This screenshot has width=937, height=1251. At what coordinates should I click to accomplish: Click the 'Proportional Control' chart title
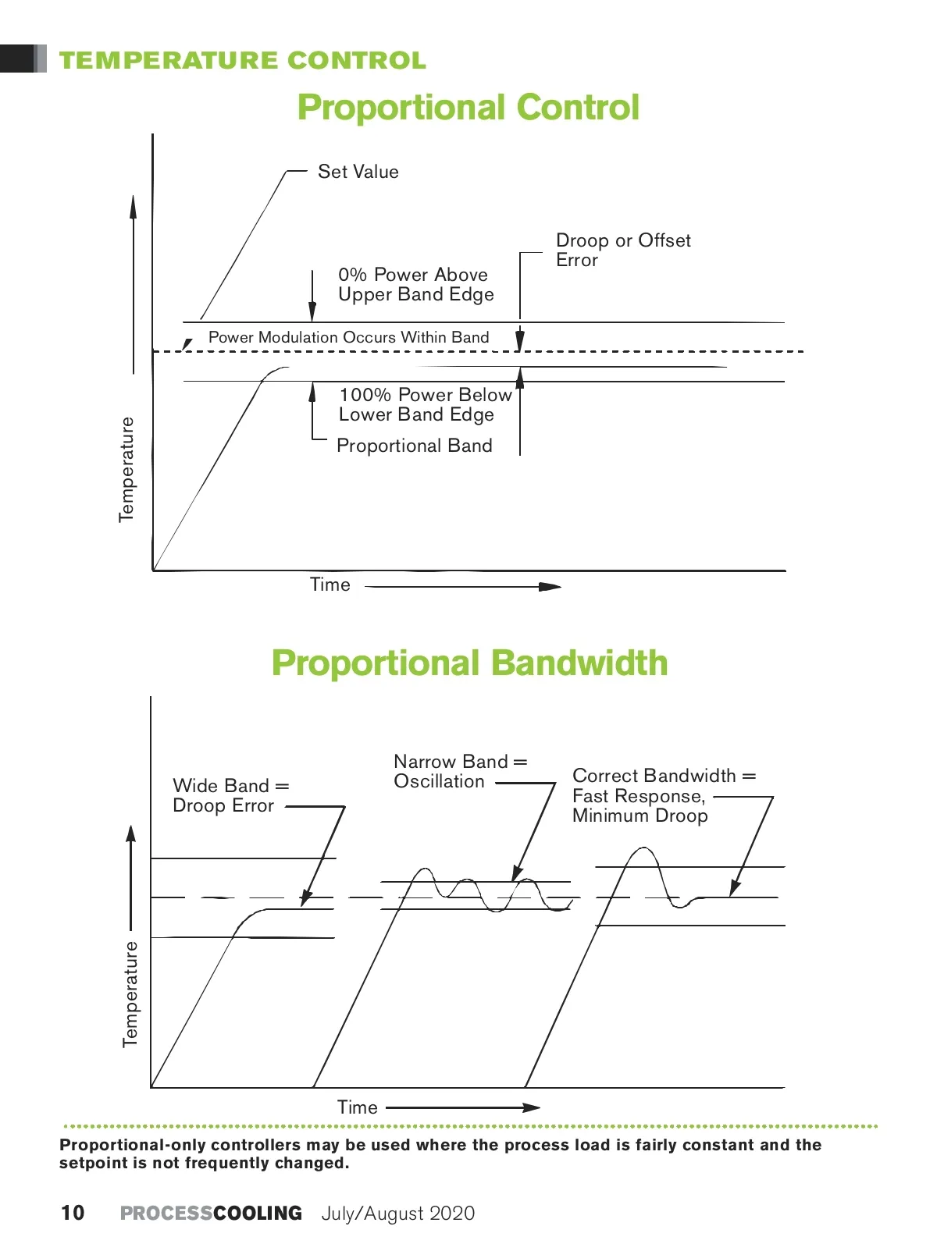pyautogui.click(x=468, y=108)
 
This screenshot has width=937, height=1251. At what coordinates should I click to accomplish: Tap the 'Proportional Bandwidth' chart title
pyautogui.click(x=469, y=663)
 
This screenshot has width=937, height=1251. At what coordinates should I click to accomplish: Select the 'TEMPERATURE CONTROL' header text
pyautogui.click(x=243, y=61)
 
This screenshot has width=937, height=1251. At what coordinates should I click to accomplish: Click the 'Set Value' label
pyautogui.click(x=358, y=172)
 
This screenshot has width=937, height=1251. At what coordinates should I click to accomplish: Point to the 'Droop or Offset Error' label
pyautogui.click(x=622, y=250)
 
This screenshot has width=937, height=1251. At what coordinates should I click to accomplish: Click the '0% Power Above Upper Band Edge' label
pyautogui.click(x=415, y=285)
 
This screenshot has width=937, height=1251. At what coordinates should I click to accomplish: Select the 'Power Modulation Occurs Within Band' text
pyautogui.click(x=348, y=337)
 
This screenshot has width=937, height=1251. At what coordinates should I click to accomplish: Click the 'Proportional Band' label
pyautogui.click(x=414, y=446)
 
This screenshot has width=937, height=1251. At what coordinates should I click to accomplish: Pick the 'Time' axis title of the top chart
pyautogui.click(x=330, y=585)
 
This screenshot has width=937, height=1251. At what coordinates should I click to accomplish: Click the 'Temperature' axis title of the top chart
pyautogui.click(x=126, y=469)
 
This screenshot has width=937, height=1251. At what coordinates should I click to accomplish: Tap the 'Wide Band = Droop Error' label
pyautogui.click(x=230, y=795)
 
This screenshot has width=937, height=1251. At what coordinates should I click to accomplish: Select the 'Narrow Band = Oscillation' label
pyautogui.click(x=460, y=771)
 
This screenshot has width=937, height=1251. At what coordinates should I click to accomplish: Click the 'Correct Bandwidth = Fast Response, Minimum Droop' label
pyautogui.click(x=663, y=795)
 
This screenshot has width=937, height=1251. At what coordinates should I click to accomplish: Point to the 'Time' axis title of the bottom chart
pyautogui.click(x=357, y=1107)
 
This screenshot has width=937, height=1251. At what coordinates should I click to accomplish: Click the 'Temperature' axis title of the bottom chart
pyautogui.click(x=130, y=993)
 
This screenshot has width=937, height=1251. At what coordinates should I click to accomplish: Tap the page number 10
pyautogui.click(x=73, y=1213)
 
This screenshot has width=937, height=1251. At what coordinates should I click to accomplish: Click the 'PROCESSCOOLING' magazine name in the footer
pyautogui.click(x=211, y=1213)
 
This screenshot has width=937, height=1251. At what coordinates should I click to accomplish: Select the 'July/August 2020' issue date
pyautogui.click(x=398, y=1214)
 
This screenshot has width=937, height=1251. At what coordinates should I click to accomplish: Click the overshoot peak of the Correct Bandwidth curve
pyautogui.click(x=643, y=848)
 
